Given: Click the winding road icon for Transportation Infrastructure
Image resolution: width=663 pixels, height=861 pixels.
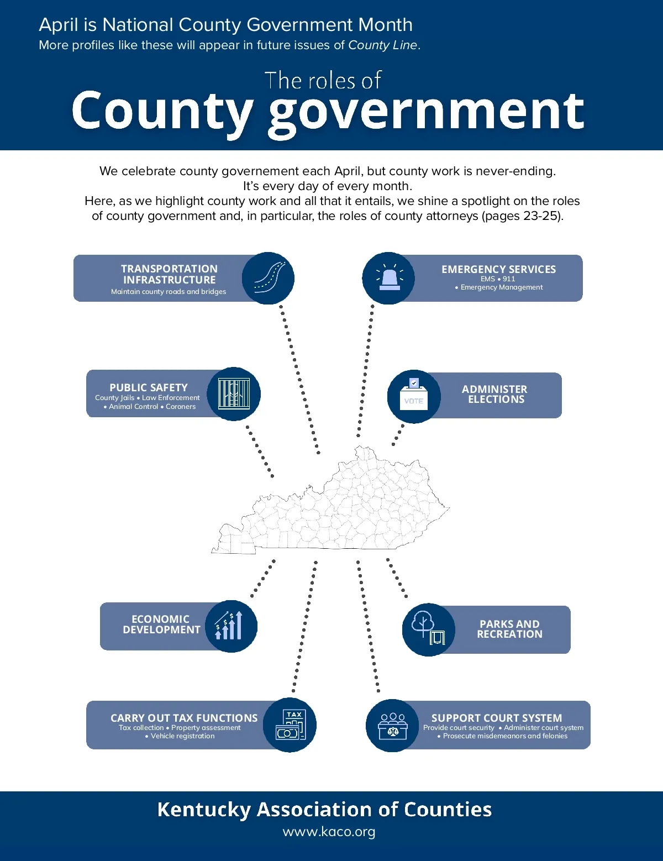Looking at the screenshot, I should tap(269, 278).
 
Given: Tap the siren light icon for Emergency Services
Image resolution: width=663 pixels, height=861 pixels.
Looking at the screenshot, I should tap(389, 278).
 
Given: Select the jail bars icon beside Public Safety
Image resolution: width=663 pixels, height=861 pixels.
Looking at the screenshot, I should tap(234, 393).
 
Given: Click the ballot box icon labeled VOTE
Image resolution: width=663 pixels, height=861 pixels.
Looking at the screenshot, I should tap(414, 396).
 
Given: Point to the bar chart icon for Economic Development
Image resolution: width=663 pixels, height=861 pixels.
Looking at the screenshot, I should tap(231, 626).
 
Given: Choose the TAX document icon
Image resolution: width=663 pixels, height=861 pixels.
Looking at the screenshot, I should tap(291, 725).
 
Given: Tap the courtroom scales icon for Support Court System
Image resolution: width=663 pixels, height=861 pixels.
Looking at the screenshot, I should tap(392, 726).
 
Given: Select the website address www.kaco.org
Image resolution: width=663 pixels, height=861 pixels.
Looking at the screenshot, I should tap(329, 832).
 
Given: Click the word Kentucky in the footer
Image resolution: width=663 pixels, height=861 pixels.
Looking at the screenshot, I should tap(204, 810).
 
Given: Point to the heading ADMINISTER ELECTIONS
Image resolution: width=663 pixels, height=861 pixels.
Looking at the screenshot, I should tap(495, 395).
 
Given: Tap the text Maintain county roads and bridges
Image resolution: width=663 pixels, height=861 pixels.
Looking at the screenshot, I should tap(169, 292).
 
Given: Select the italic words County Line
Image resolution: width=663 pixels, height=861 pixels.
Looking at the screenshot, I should tap(382, 45).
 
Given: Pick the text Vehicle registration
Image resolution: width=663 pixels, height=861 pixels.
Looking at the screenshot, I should tap(182, 736).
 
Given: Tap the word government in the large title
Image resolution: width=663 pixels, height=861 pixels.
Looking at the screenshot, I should tap(427, 112).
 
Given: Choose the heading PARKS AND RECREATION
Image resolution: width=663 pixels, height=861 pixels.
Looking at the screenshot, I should tap(509, 629).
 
